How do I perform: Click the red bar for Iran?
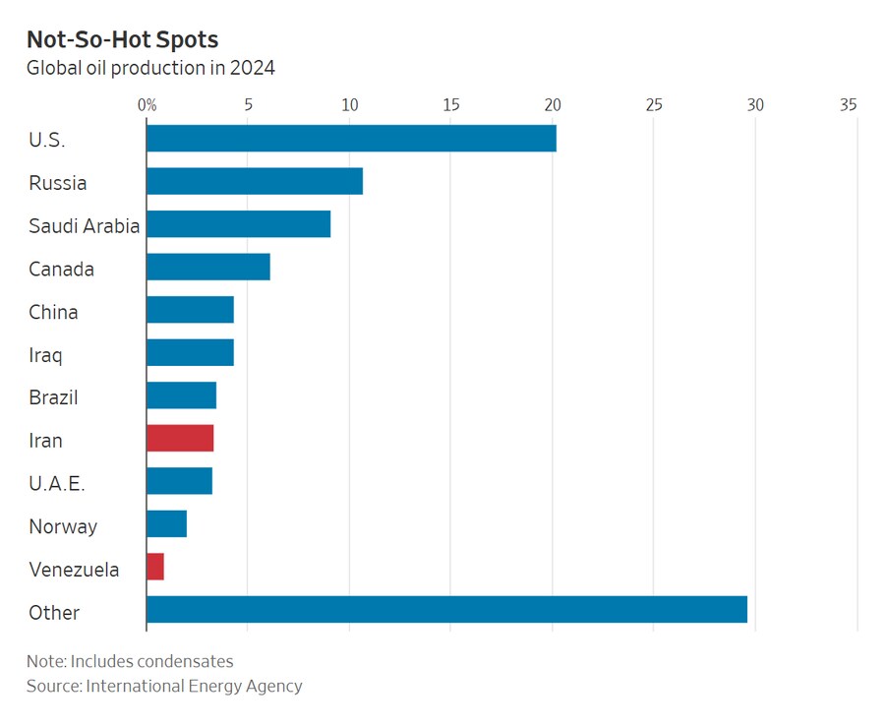click(180, 439)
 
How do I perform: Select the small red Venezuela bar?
click(155, 567)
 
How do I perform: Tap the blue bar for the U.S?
click(351, 139)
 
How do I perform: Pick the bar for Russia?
click(255, 182)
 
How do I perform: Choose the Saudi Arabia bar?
click(238, 224)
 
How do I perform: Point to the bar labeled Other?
click(446, 610)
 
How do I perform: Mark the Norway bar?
click(166, 524)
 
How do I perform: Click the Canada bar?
click(208, 268)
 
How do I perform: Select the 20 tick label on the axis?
click(552, 105)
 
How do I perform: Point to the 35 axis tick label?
click(849, 105)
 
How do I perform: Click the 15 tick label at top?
click(450, 105)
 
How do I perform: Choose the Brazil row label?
click(53, 397)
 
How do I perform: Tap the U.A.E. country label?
click(57, 483)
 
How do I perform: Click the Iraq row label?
click(46, 355)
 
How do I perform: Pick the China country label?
click(53, 312)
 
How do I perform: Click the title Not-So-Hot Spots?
click(122, 39)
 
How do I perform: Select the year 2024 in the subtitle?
click(252, 69)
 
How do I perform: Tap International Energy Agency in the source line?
click(194, 686)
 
